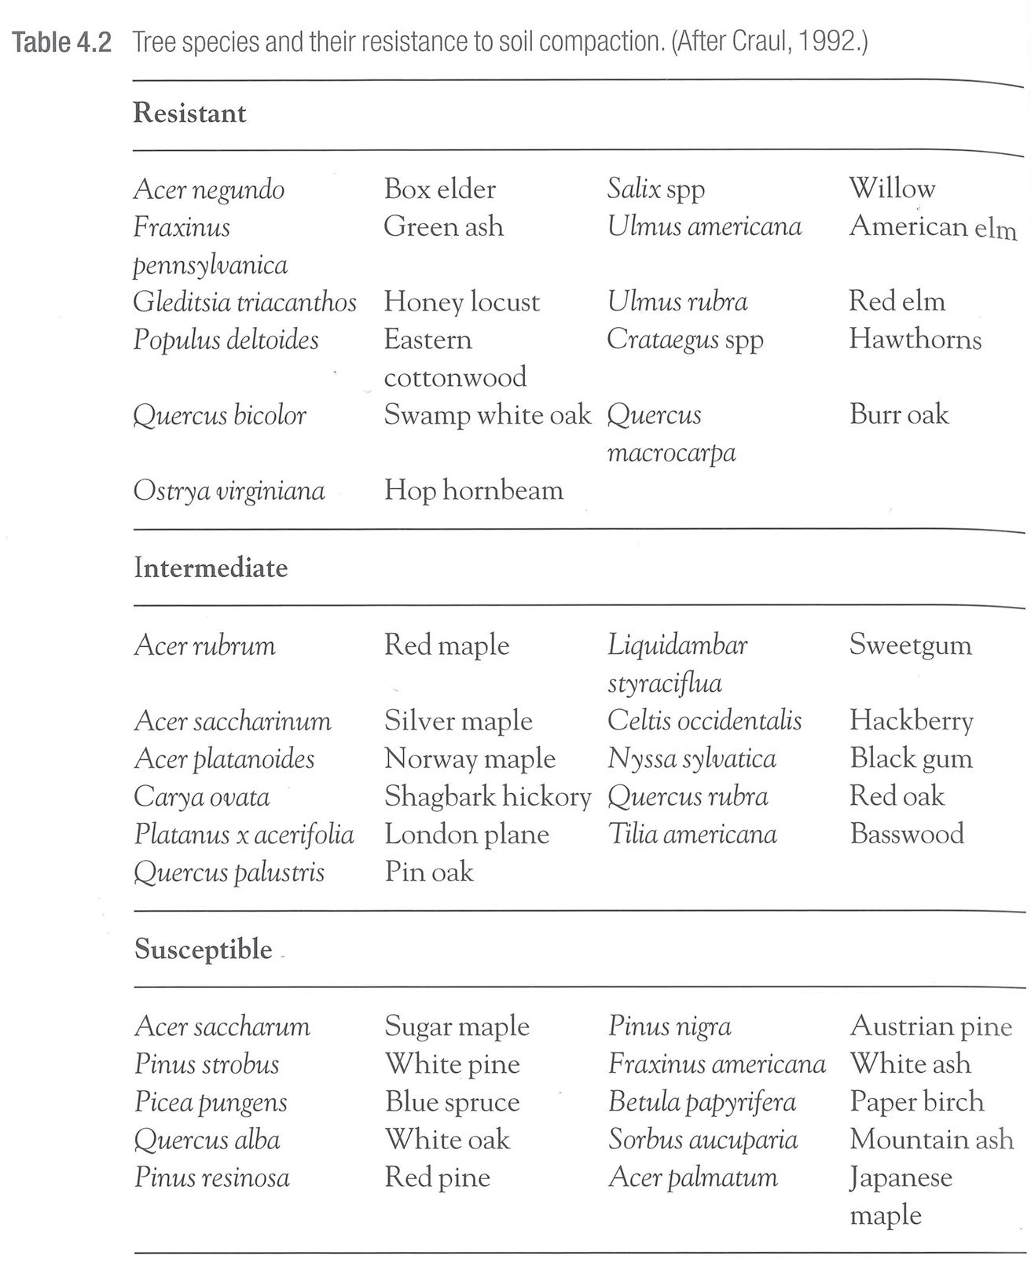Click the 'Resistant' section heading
pyautogui.click(x=189, y=113)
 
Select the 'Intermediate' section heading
pyautogui.click(x=211, y=568)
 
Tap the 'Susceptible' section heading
pyautogui.click(x=203, y=950)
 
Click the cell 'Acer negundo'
pyautogui.click(x=209, y=189)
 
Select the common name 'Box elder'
pyautogui.click(x=439, y=189)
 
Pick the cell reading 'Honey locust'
pyautogui.click(x=461, y=303)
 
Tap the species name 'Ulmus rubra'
pyautogui.click(x=677, y=302)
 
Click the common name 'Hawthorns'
pyautogui.click(x=915, y=340)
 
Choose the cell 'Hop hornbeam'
pyautogui.click(x=473, y=490)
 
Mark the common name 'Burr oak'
pyautogui.click(x=898, y=415)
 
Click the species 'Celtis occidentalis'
pyautogui.click(x=704, y=721)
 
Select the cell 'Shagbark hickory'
pyautogui.click(x=487, y=796)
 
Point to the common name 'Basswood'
pyautogui.click(x=906, y=833)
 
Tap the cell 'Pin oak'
pyautogui.click(x=428, y=872)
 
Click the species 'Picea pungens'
pyautogui.click(x=211, y=1102)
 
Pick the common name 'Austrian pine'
pyautogui.click(x=930, y=1027)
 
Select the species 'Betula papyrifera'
pyautogui.click(x=702, y=1102)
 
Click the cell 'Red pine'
pyautogui.click(x=437, y=1177)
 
